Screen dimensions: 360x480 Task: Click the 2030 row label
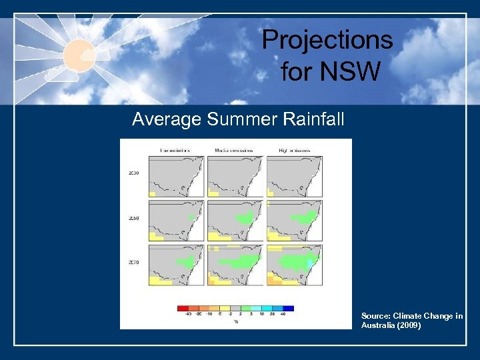coord(133,173)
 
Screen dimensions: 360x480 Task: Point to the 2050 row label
coord(133,218)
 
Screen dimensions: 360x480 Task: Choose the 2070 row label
coord(133,262)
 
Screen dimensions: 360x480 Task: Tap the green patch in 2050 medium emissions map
coord(245,217)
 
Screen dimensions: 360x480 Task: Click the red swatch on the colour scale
coord(182,308)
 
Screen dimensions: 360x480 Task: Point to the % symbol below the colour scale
coord(235,322)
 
